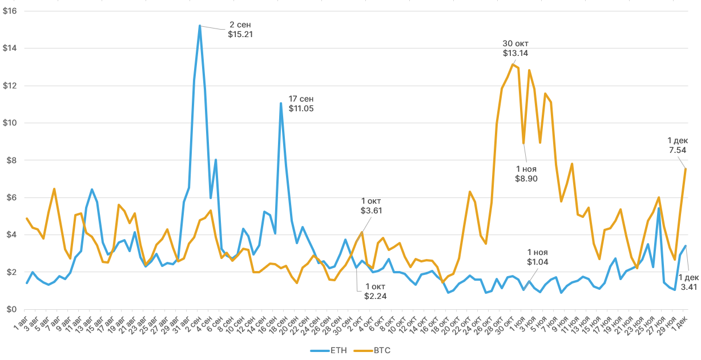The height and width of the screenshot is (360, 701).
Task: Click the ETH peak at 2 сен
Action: pyautogui.click(x=200, y=26)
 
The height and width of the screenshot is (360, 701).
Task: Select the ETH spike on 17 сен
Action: pyautogui.click(x=281, y=103)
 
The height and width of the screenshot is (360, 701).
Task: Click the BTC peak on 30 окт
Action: pyautogui.click(x=513, y=64)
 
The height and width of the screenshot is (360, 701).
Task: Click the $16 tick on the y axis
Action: pyautogui.click(x=10, y=11)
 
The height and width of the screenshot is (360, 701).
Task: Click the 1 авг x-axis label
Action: pyautogui.click(x=21, y=324)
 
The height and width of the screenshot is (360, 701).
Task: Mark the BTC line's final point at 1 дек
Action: pyautogui.click(x=685, y=169)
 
